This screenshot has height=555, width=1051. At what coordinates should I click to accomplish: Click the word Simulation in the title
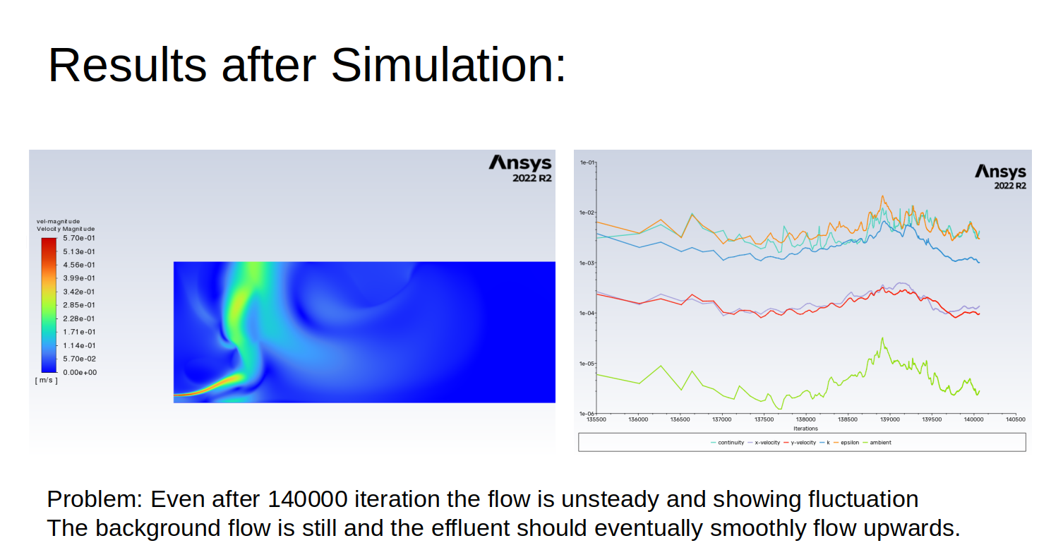448,65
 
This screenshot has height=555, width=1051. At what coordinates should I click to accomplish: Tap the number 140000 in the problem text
307,499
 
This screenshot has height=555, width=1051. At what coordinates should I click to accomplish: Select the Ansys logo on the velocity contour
520,168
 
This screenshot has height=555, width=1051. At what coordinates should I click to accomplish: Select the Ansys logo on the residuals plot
1000,177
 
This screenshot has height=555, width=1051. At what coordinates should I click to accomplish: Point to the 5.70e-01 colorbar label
79,238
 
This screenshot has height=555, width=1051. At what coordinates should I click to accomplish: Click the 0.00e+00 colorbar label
80,372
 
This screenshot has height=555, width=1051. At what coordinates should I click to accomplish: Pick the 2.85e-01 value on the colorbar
79,305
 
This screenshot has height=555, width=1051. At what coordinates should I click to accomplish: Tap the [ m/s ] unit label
47,381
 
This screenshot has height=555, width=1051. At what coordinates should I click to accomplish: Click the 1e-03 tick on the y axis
587,263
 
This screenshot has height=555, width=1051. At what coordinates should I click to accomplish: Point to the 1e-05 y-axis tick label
587,364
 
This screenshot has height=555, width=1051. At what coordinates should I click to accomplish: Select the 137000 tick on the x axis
721,419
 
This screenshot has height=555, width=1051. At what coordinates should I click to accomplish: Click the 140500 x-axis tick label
1015,419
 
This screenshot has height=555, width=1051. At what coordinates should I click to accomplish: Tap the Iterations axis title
805,428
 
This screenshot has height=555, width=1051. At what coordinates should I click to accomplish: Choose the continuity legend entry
727,442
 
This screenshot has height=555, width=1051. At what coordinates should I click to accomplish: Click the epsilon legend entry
846,442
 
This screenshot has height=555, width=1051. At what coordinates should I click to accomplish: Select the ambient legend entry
877,442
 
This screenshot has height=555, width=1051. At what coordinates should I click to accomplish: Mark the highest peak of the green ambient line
882,338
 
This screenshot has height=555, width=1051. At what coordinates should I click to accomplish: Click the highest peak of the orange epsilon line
882,196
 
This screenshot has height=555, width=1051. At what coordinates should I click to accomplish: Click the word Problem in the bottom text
95,499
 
